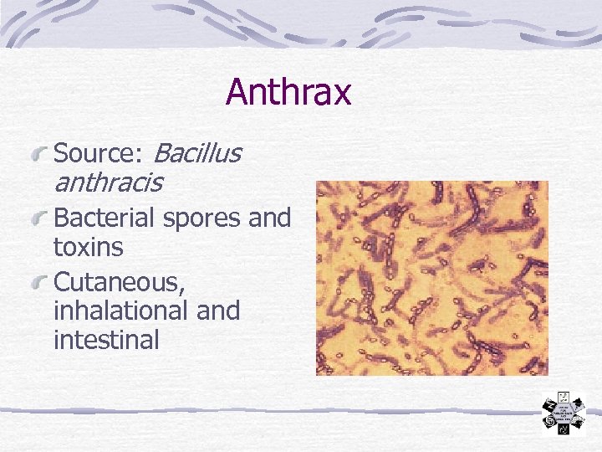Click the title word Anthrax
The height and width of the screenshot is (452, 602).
[x=288, y=93]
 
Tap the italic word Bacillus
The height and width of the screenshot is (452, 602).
[x=198, y=153]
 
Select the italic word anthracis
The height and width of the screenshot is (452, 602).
[x=108, y=182]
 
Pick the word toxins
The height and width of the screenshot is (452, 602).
[x=88, y=248]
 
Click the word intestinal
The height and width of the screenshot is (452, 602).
[x=105, y=340]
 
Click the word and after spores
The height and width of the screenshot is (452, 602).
[x=269, y=218]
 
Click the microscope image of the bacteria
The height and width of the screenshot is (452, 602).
[x=431, y=278]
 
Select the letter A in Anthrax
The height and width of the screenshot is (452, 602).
[x=237, y=93]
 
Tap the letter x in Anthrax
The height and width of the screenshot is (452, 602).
[x=342, y=95]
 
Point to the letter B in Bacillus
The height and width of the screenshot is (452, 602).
[x=162, y=153]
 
